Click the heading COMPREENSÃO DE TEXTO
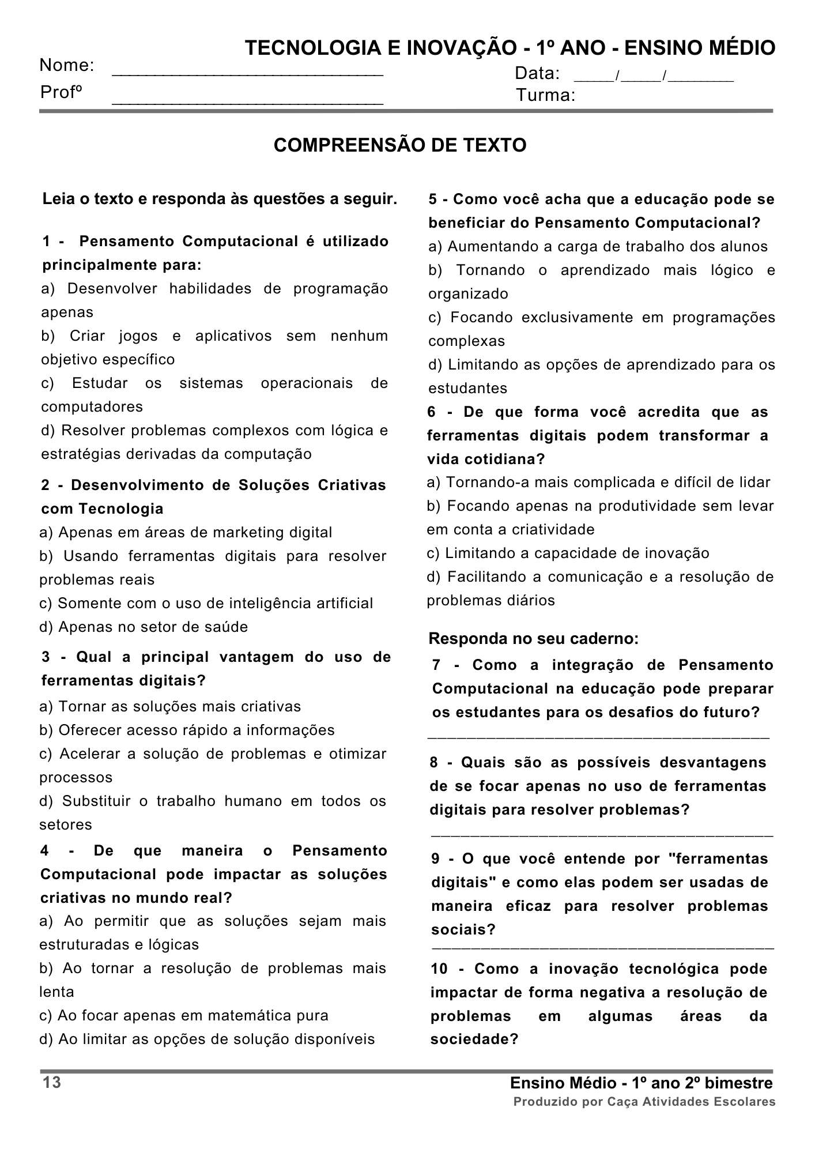[x=400, y=145]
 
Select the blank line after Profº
[x=247, y=101]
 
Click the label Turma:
[x=545, y=95]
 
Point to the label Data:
[x=537, y=73]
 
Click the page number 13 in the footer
[x=52, y=1083]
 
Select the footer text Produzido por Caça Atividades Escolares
[x=644, y=1102]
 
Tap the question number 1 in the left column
[x=46, y=242]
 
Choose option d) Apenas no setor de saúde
[x=144, y=627]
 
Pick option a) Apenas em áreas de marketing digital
[x=186, y=532]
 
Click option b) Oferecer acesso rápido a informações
[x=187, y=730]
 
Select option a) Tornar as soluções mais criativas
[x=171, y=706]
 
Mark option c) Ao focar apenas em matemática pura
[x=184, y=1015]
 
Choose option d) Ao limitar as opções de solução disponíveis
[x=207, y=1039]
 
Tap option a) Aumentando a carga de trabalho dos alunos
[x=598, y=246]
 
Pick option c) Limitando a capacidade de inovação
[x=568, y=553]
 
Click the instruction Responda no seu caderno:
[x=534, y=639]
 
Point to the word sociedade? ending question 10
[x=474, y=1039]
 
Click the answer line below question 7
[x=598, y=737]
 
